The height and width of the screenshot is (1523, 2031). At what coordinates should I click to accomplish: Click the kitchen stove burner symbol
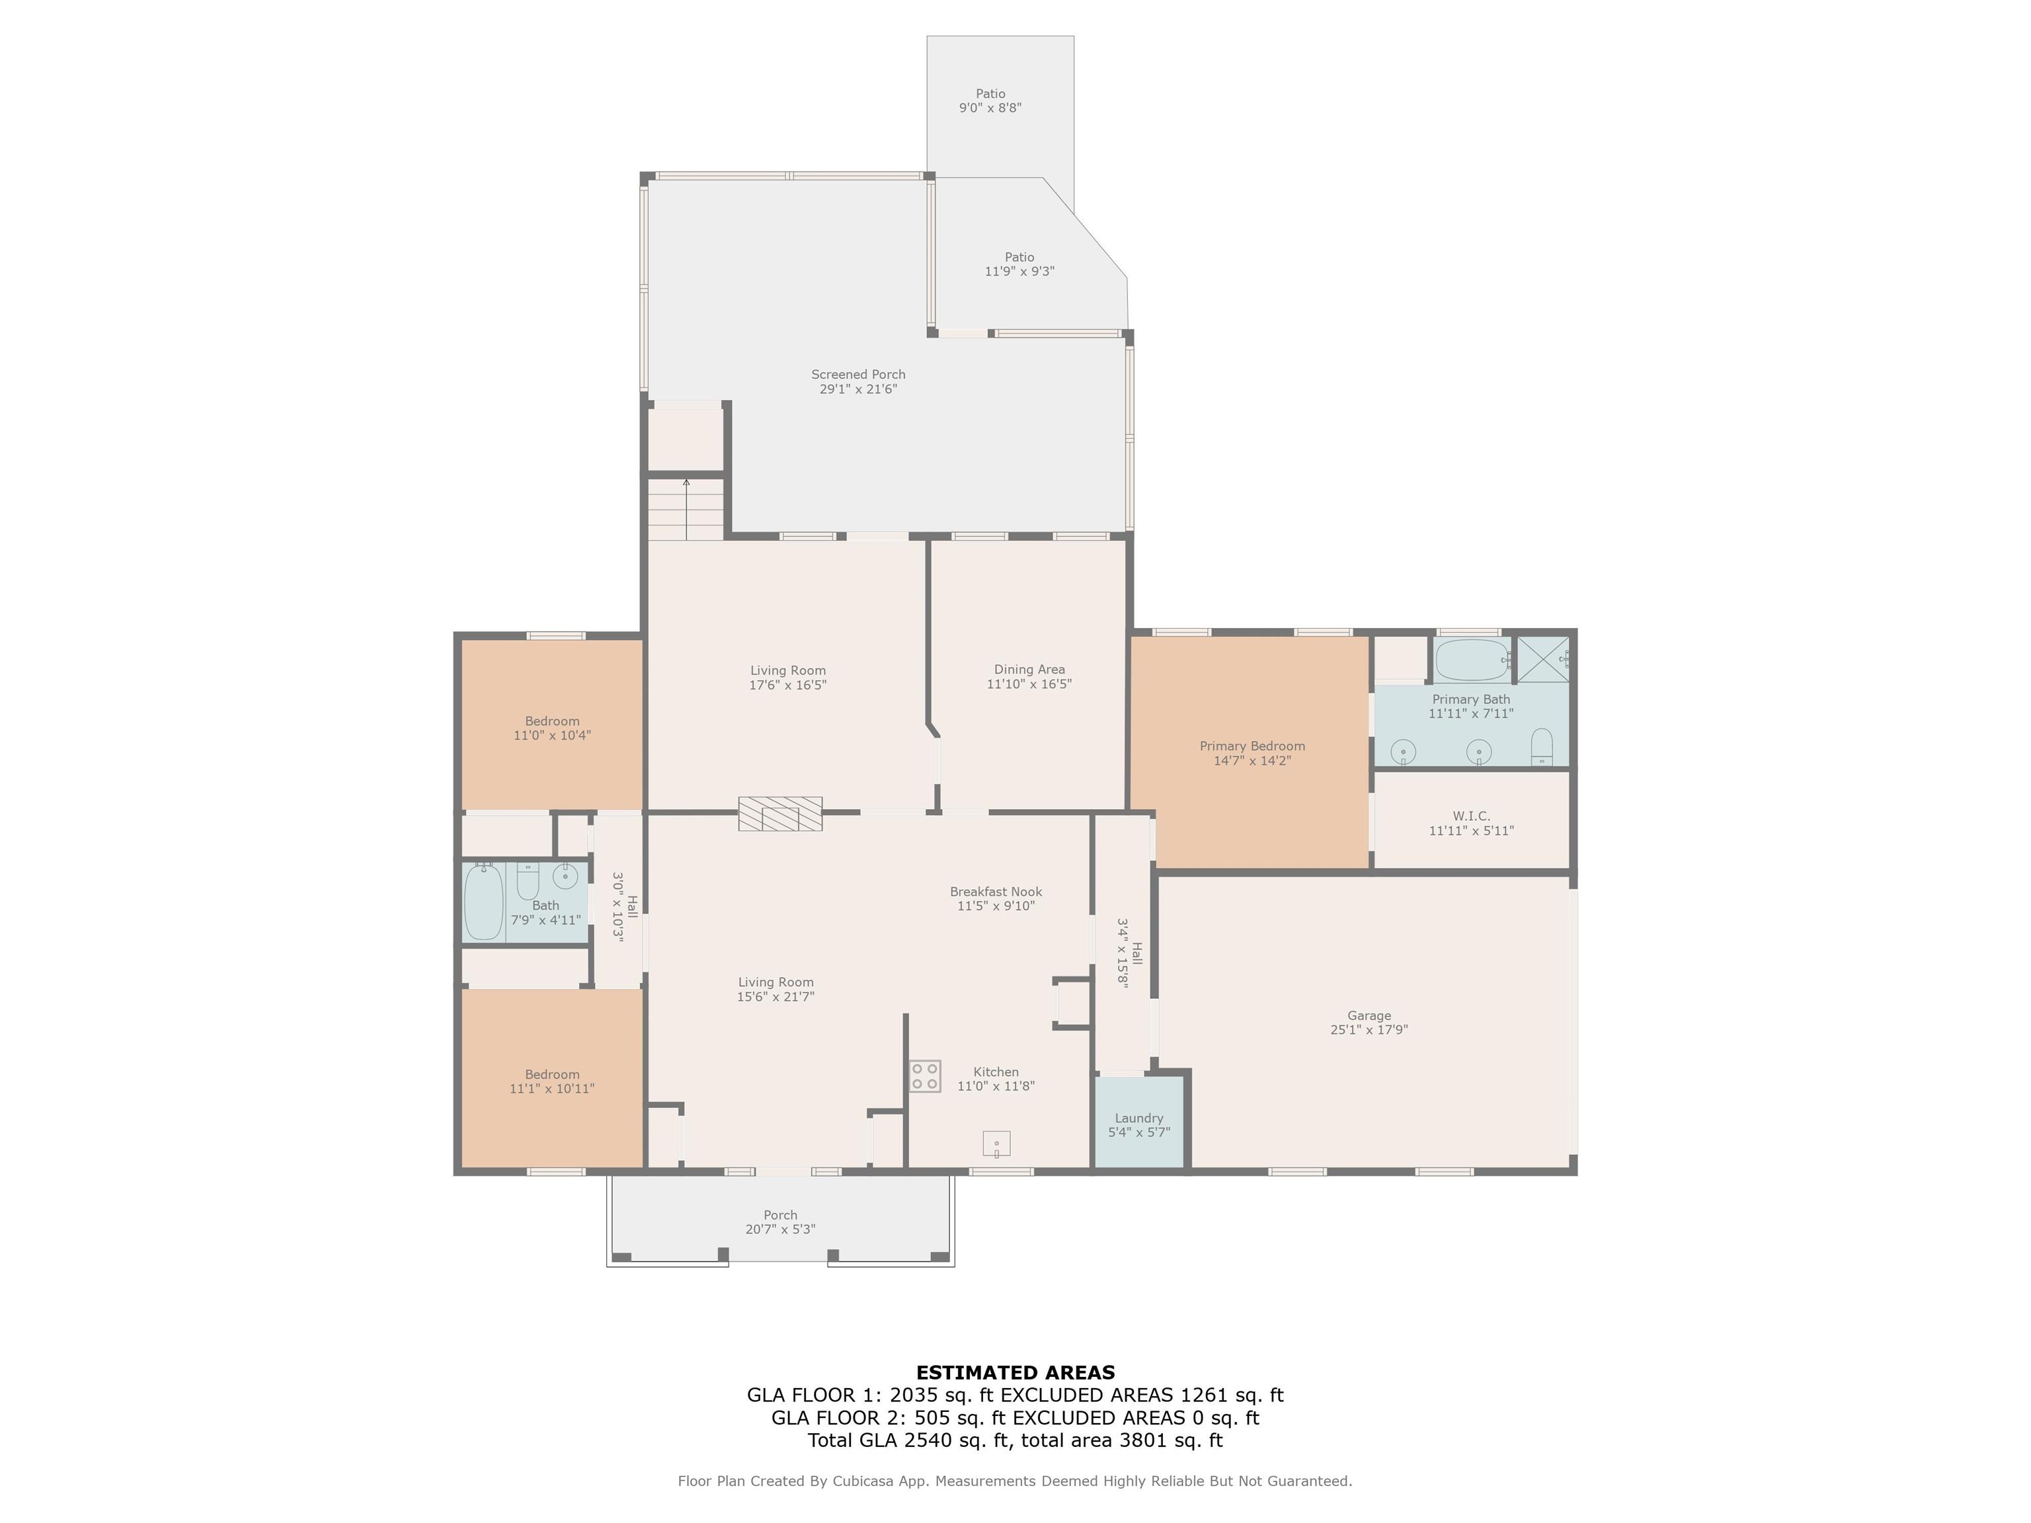click(x=925, y=1076)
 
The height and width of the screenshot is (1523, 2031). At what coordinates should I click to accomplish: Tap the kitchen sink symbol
click(x=996, y=1144)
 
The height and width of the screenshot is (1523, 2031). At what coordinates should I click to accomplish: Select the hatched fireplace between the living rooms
click(x=779, y=813)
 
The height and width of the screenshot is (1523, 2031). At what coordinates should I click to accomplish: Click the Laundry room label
click(x=1138, y=1118)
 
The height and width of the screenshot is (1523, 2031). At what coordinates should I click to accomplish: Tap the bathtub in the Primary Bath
click(x=1471, y=659)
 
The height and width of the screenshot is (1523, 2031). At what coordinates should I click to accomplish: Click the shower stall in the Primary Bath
click(x=1542, y=659)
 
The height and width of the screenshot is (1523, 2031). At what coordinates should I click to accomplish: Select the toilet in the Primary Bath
click(x=1542, y=746)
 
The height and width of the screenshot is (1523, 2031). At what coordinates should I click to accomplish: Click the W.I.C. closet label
click(x=1471, y=816)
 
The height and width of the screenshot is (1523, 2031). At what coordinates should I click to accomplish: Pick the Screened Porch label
click(x=857, y=375)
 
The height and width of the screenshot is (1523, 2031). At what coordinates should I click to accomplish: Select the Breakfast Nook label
click(x=995, y=892)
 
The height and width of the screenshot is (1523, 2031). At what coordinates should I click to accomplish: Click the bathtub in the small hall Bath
click(x=483, y=902)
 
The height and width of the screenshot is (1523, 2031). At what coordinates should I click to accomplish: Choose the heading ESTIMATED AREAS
click(x=1015, y=1372)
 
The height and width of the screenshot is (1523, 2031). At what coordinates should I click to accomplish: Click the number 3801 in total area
click(x=1144, y=1440)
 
